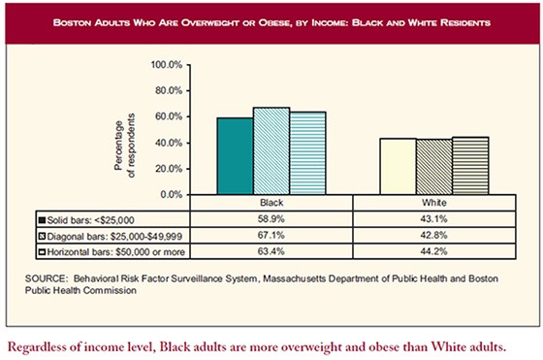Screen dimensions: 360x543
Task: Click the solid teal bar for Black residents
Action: [x=235, y=156]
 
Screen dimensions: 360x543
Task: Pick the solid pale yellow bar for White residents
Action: [x=398, y=166]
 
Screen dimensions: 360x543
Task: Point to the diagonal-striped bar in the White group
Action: [x=433, y=166]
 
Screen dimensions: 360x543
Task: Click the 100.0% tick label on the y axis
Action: [x=166, y=65]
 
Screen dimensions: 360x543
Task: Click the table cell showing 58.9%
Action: [x=271, y=220]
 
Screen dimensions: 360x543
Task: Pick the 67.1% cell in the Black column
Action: [x=271, y=236]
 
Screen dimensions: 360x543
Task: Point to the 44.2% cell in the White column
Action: [x=433, y=252]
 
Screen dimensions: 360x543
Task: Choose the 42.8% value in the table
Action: [x=433, y=236]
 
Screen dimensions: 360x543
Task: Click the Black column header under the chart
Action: [x=271, y=205]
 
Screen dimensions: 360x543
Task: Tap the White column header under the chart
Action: [x=433, y=205]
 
